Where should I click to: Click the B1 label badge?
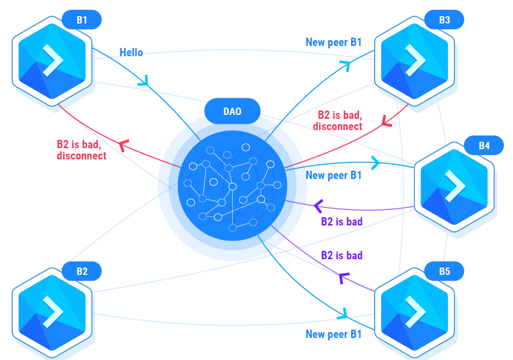point(82,20)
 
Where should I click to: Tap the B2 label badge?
point(82,271)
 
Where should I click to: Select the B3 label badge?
point(444,20)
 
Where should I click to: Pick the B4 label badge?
point(484,146)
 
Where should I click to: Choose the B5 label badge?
point(444,271)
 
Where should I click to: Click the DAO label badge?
point(232,112)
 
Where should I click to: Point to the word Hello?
point(131,52)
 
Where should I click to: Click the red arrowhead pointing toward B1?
point(123,144)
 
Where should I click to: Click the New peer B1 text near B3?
point(334,42)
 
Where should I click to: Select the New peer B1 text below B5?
point(334,334)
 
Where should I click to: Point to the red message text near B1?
point(81,150)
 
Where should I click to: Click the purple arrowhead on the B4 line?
point(318,206)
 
